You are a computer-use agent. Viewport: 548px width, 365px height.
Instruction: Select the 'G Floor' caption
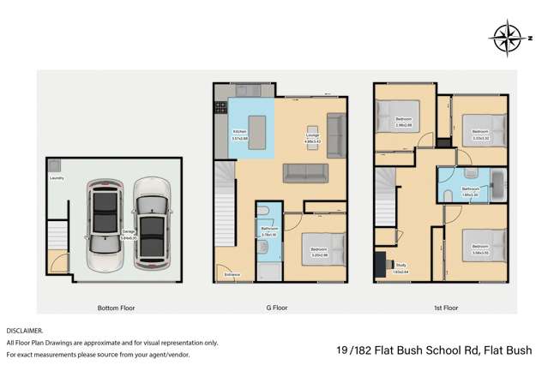(x=280, y=307)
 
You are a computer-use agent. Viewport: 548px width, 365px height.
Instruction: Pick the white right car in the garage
(x=151, y=218)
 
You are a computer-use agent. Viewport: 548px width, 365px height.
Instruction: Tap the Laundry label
(x=57, y=179)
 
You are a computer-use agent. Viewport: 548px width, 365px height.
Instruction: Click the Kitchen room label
(x=241, y=131)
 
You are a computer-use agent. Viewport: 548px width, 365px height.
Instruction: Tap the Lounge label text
(x=313, y=131)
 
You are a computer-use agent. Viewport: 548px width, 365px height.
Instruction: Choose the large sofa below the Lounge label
(x=306, y=171)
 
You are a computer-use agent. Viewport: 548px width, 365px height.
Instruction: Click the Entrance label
(x=232, y=274)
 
